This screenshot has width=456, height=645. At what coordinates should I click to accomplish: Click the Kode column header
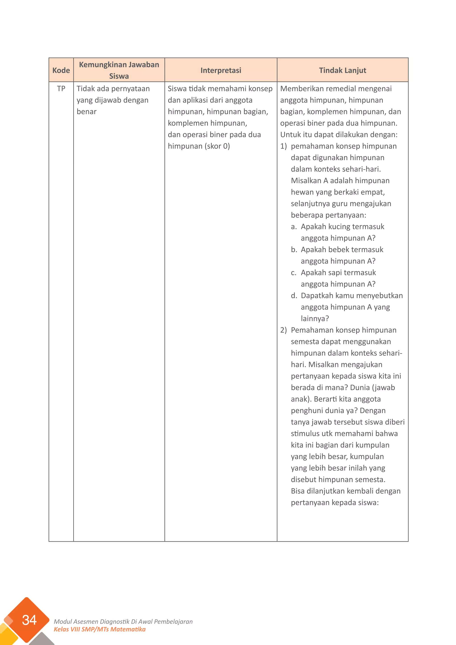click(x=61, y=70)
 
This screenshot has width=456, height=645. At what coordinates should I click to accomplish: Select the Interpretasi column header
click(x=221, y=70)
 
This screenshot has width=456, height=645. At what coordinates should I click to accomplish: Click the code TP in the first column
click(x=61, y=89)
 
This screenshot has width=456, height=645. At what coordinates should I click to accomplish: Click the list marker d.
click(x=294, y=296)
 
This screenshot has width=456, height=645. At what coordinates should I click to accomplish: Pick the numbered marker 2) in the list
click(x=283, y=330)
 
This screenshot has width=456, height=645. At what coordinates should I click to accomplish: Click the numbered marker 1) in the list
click(x=283, y=146)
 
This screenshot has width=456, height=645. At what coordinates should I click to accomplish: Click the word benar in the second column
click(x=86, y=112)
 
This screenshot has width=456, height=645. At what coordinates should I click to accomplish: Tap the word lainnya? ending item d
click(x=314, y=318)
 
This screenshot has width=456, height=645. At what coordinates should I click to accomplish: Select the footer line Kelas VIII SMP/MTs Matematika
click(x=100, y=629)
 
